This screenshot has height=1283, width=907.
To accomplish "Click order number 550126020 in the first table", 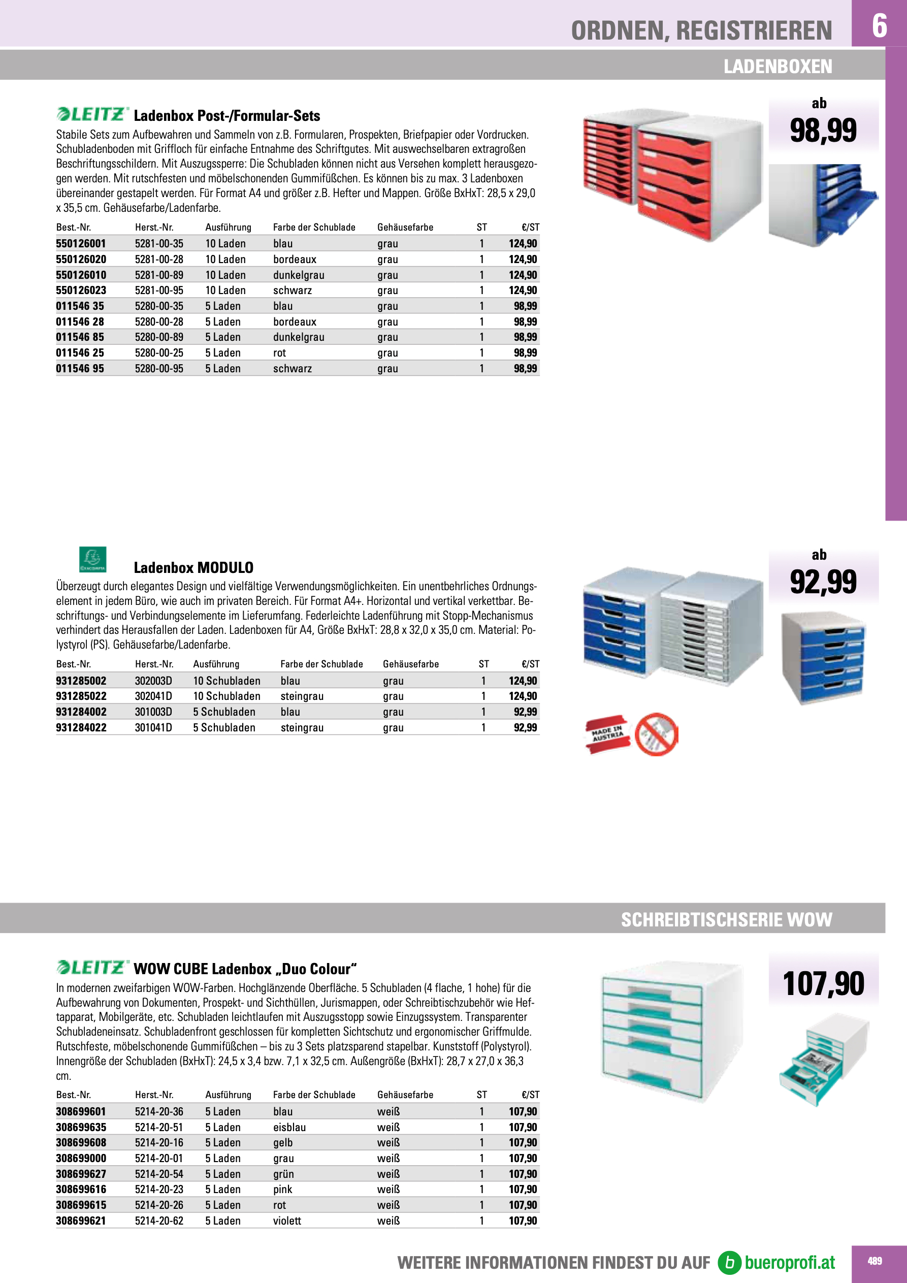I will click(x=81, y=259).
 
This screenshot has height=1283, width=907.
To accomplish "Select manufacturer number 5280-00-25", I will click(x=159, y=352).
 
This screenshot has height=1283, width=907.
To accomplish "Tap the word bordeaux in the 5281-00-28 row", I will click(x=295, y=259).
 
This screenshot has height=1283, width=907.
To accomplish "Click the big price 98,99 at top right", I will click(x=823, y=130).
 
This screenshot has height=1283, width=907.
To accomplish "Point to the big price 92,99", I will click(x=823, y=582).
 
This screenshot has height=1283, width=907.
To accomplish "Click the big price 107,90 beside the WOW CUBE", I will click(x=823, y=983).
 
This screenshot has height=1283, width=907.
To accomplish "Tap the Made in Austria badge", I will click(x=607, y=734).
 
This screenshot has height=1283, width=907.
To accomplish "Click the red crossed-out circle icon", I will click(x=657, y=734).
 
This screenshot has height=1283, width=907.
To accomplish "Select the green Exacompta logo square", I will click(x=93, y=559).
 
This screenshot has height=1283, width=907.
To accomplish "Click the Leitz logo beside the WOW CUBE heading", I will click(x=93, y=967).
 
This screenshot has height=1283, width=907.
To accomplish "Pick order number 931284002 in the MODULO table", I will click(x=81, y=712).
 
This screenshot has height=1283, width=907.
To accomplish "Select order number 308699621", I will click(x=81, y=1221).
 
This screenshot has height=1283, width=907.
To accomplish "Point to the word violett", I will click(x=287, y=1221).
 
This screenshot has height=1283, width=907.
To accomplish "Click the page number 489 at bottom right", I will click(x=874, y=1261).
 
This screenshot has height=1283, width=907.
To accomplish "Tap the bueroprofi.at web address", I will click(x=789, y=1262).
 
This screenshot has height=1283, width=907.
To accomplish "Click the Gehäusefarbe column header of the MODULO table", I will click(x=411, y=664).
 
